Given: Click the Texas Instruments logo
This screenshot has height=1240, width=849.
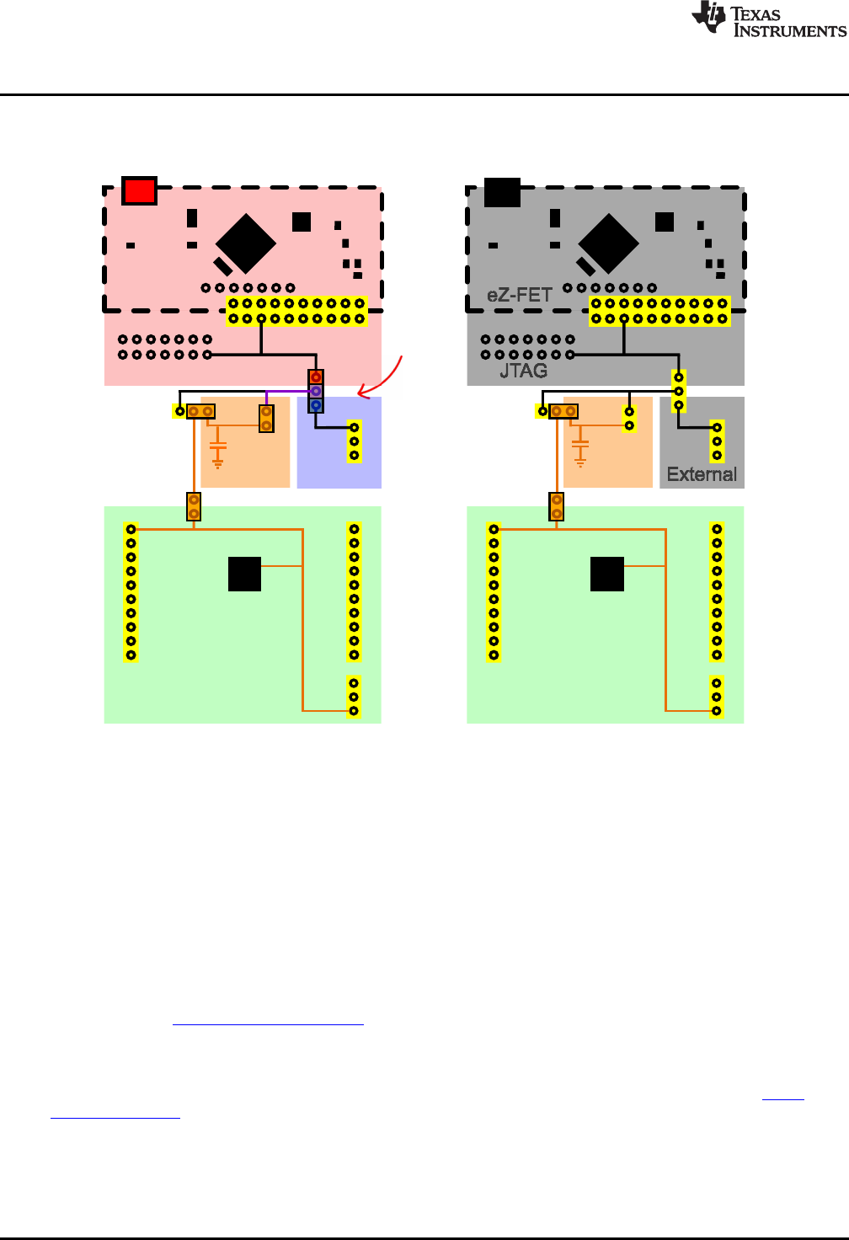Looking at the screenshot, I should [x=768, y=19].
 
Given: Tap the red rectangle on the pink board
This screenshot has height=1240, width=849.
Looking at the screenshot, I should [x=139, y=190].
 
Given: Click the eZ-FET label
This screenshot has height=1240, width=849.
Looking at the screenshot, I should [x=519, y=295].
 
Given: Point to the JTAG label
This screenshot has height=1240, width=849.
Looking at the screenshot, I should [x=523, y=370].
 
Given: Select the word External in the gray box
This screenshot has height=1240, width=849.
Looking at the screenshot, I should [x=702, y=474].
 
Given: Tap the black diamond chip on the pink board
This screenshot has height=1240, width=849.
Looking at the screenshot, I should [x=245, y=243].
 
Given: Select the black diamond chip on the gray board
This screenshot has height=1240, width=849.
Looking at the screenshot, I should [x=608, y=243].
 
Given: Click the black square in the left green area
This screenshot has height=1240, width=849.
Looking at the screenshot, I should [x=244, y=574].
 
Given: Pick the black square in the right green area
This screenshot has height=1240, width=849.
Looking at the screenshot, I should [x=607, y=574].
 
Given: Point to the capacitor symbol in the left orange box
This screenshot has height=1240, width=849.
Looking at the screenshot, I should [x=218, y=452].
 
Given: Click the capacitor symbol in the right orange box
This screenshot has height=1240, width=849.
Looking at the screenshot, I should [x=580, y=452].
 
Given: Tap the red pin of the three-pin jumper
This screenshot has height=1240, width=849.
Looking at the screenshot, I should [x=316, y=377].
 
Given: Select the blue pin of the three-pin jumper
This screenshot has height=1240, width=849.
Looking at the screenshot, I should [x=316, y=405].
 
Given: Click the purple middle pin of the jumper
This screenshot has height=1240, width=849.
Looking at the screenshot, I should [x=316, y=391].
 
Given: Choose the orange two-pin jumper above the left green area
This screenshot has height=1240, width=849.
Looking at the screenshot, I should [x=194, y=506].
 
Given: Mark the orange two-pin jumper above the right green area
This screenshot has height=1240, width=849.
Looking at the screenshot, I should [x=557, y=506].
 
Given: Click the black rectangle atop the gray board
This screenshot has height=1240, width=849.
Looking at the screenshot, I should [x=502, y=192].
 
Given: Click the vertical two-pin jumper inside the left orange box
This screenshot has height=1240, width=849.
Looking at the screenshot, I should [x=266, y=419].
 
